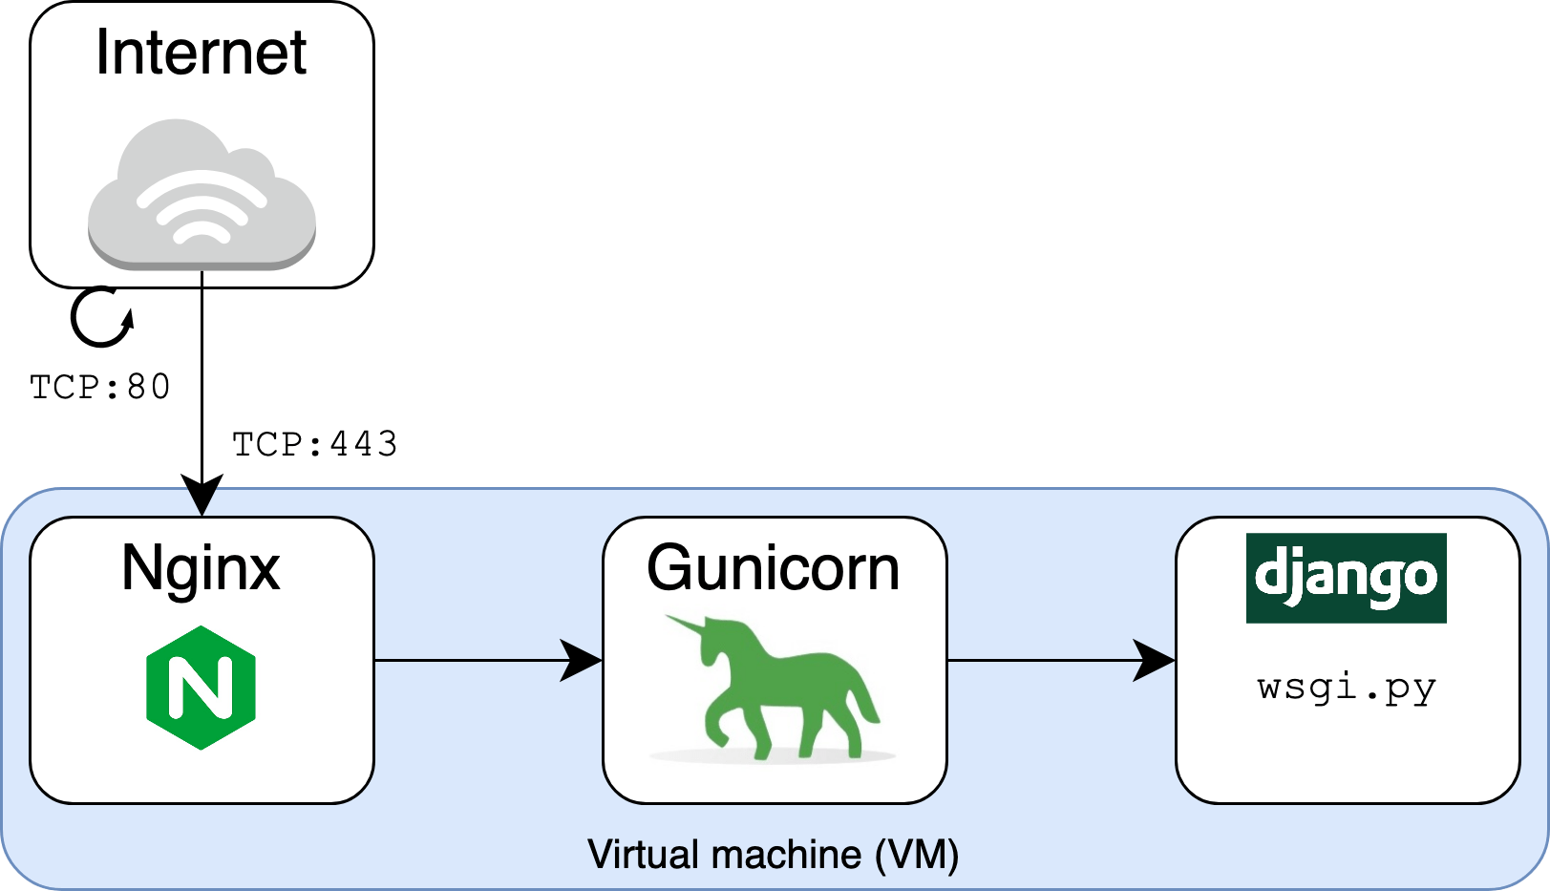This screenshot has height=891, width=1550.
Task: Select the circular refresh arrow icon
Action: click(x=101, y=318)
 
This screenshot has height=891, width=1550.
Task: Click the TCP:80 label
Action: click(x=100, y=387)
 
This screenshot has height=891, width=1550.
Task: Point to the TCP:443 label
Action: click(x=314, y=444)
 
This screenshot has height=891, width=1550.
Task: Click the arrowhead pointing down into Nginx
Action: click(x=202, y=497)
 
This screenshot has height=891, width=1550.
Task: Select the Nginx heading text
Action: click(x=201, y=569)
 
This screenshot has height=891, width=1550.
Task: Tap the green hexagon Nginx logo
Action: click(x=201, y=688)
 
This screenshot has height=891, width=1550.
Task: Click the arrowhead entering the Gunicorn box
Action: click(x=581, y=660)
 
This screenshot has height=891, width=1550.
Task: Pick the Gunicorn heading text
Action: click(x=773, y=569)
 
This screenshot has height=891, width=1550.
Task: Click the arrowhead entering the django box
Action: click(x=1154, y=660)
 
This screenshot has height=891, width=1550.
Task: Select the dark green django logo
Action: click(x=1346, y=578)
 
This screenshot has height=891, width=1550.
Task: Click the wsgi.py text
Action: click(x=1347, y=688)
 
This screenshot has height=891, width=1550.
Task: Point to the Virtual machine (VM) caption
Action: click(x=773, y=855)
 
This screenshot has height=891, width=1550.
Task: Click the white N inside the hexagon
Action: click(x=201, y=688)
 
